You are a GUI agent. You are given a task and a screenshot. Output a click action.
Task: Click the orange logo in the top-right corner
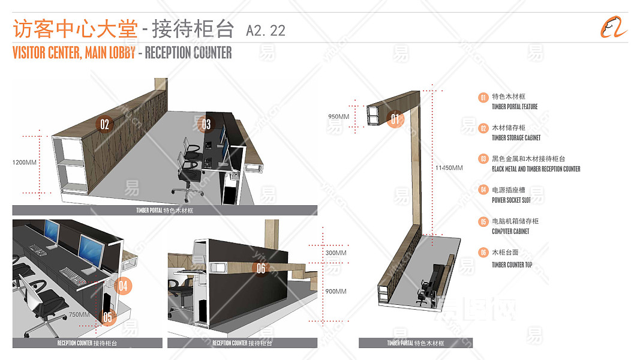(614, 27)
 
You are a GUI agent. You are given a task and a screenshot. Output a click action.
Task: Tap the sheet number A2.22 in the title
(265, 30)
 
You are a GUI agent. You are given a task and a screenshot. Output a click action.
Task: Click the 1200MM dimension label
(24, 162)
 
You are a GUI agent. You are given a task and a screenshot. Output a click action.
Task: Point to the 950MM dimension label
(338, 116)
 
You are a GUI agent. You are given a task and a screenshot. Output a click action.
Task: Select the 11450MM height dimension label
(449, 168)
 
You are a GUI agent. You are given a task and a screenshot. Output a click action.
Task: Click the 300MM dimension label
(336, 253)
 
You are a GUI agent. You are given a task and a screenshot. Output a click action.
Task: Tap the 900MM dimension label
(336, 291)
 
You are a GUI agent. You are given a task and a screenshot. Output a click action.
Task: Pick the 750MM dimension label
(79, 314)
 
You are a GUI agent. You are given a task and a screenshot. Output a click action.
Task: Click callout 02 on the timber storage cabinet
(104, 124)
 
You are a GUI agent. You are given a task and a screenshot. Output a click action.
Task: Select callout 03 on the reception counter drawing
(206, 124)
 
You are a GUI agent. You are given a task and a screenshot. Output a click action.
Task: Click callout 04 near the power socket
(122, 286)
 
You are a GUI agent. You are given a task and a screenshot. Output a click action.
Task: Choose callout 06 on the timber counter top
(261, 268)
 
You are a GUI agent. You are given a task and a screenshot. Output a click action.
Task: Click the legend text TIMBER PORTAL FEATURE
(515, 107)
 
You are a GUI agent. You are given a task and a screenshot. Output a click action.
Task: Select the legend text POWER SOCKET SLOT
(511, 200)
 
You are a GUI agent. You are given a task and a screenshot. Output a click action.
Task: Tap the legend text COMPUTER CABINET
(510, 232)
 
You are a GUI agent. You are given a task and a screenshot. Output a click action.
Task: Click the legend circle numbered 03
(483, 159)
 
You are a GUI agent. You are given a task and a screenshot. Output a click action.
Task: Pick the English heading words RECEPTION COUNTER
(188, 53)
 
